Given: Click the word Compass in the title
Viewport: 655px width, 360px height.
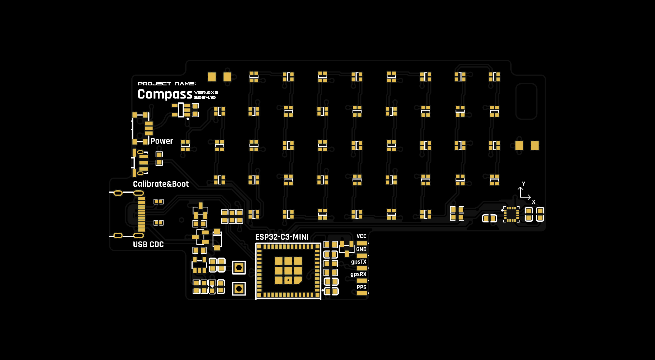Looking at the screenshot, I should pyautogui.click(x=165, y=94).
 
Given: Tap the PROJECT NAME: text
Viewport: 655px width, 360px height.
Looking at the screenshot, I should pyautogui.click(x=167, y=84).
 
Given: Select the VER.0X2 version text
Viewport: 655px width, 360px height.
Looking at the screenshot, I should pyautogui.click(x=206, y=92).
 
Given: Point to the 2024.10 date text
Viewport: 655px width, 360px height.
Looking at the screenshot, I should pyautogui.click(x=205, y=98).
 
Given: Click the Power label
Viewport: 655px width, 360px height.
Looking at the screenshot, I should pyautogui.click(x=162, y=141).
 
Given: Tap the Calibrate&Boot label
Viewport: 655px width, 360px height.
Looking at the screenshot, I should pyautogui.click(x=161, y=184).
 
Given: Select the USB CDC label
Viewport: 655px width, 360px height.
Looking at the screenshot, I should pyautogui.click(x=148, y=245).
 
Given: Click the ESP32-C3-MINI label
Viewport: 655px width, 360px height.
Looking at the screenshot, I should pyautogui.click(x=282, y=237).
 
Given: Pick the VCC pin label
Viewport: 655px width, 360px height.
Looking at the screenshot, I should pyautogui.click(x=361, y=236).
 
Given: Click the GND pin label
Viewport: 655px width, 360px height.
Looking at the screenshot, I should pyautogui.click(x=361, y=249).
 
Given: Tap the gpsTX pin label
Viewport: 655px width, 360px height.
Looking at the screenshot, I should pyautogui.click(x=359, y=262).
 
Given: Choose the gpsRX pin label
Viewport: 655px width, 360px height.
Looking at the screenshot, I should pyautogui.click(x=358, y=274).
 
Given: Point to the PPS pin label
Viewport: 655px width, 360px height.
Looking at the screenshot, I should pyautogui.click(x=361, y=287).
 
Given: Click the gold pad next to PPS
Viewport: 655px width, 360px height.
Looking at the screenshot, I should pyautogui.click(x=361, y=293).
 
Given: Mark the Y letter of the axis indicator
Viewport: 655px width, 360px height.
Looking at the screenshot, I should pyautogui.click(x=523, y=184).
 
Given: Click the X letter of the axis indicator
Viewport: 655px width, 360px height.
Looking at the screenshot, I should pyautogui.click(x=534, y=202).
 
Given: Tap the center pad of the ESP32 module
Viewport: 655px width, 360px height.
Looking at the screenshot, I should pyautogui.click(x=288, y=271).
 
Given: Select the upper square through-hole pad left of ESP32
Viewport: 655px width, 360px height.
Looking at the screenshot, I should pyautogui.click(x=239, y=268).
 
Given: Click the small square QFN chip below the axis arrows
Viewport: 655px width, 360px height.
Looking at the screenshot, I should pyautogui.click(x=511, y=214).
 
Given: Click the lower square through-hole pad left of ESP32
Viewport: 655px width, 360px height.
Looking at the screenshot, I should pyautogui.click(x=239, y=289).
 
